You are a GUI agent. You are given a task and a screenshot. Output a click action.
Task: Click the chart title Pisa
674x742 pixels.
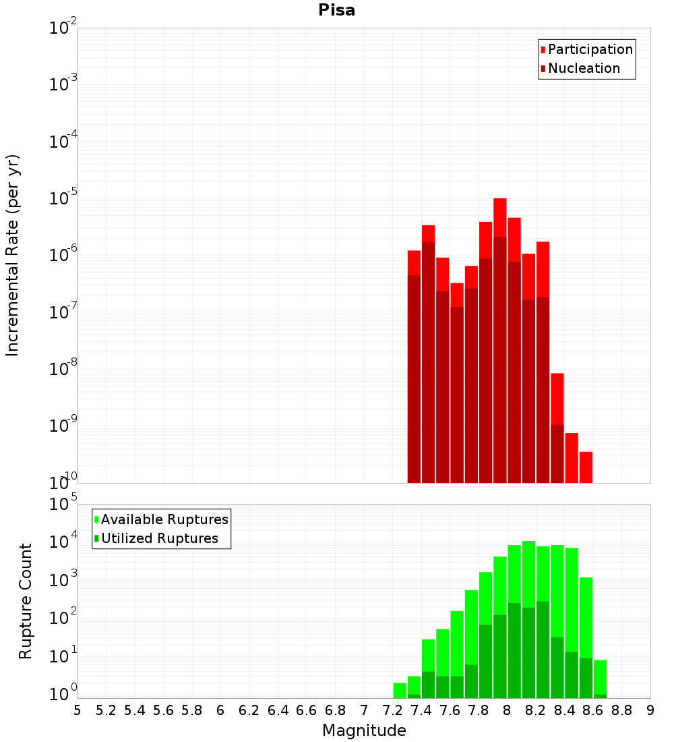click(x=336, y=11)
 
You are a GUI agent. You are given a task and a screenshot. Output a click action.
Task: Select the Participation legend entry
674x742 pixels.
click(x=590, y=49)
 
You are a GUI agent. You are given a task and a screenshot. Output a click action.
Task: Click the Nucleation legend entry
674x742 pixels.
click(x=584, y=68)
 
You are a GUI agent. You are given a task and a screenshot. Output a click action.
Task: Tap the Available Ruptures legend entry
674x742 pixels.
click(x=164, y=519)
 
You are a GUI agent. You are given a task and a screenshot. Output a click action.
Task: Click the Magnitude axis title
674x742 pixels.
click(x=364, y=731)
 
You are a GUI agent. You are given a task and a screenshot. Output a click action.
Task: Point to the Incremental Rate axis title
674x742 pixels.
click(x=13, y=255)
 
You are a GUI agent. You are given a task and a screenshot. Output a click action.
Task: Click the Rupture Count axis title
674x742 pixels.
click(x=26, y=600)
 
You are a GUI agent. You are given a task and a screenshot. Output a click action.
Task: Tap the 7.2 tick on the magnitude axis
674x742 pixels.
click(x=393, y=710)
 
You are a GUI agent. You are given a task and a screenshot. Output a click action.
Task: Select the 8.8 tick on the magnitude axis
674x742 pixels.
click(x=622, y=710)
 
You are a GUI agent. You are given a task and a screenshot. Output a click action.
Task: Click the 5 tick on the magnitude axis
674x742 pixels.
click(x=78, y=710)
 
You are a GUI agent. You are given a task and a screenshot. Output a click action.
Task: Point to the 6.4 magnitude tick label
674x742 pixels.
click(x=278, y=710)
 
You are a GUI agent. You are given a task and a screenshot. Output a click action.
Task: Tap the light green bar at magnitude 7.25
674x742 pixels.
click(x=400, y=690)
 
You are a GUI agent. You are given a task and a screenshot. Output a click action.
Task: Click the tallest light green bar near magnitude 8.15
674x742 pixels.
click(x=528, y=573)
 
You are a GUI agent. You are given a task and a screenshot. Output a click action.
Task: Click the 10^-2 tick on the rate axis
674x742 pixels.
click(x=63, y=28)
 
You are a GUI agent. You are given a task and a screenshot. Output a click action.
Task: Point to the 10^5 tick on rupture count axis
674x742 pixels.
click(x=65, y=504)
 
